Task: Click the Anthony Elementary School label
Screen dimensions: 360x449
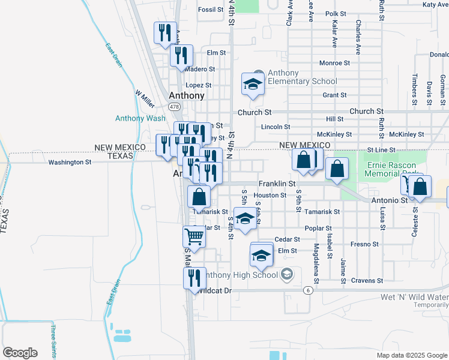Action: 302,77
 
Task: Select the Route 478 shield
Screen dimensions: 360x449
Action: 173,107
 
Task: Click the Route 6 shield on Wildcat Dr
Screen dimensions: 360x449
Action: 308,290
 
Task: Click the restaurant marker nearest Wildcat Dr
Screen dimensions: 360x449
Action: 194,278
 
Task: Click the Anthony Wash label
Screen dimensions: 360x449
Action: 140,118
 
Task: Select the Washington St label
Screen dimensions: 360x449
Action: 70,162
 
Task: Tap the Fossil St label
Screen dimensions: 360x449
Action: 211,10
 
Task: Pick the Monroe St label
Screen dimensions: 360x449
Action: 334,62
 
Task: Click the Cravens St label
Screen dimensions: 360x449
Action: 367,280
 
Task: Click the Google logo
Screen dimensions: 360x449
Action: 20,353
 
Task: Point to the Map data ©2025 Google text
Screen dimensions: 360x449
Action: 412,355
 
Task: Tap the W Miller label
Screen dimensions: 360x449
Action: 145,99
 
